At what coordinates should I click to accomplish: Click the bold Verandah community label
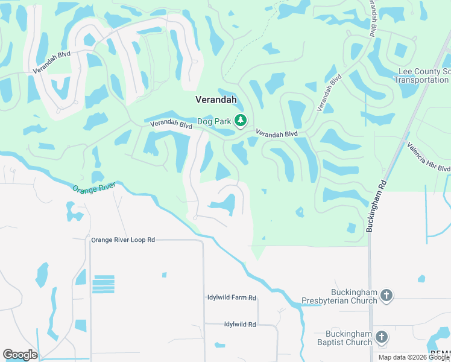click(x=216, y=100)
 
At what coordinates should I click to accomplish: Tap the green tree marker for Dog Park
click(x=241, y=121)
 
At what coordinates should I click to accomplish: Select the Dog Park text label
click(x=215, y=121)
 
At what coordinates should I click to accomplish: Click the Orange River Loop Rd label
click(x=123, y=240)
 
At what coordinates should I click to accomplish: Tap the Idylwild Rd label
click(x=240, y=324)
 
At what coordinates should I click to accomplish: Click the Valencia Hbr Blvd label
click(x=427, y=157)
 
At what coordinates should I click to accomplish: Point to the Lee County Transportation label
click(x=422, y=76)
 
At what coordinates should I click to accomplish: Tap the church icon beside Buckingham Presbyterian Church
click(x=386, y=296)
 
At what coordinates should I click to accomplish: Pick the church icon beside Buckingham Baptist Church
click(x=381, y=338)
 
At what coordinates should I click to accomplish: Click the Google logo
click(x=20, y=355)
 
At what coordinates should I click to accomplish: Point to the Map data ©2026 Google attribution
click(x=414, y=357)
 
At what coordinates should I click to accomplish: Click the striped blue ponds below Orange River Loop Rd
click(x=103, y=284)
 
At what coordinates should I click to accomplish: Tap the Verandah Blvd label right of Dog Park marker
click(x=277, y=133)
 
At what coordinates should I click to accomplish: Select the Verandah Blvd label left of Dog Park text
click(x=171, y=125)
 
